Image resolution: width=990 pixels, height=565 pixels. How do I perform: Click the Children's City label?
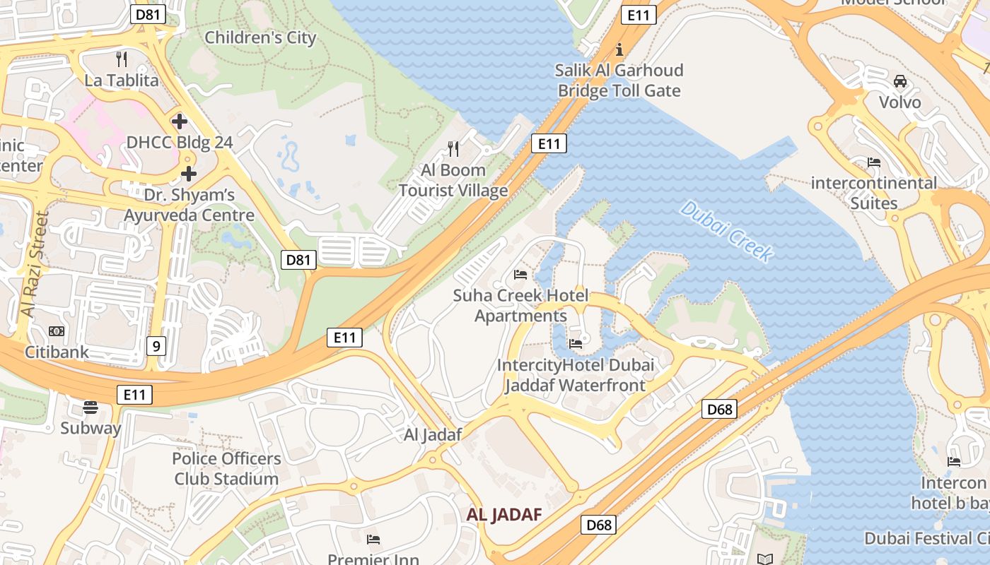[x=260, y=37]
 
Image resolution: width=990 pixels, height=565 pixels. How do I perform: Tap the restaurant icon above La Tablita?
[x=122, y=59]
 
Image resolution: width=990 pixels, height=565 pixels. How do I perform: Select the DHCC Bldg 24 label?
[x=179, y=142]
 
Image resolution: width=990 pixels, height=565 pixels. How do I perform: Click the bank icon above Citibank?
[x=57, y=331]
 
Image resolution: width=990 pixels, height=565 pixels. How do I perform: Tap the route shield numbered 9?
[x=157, y=345]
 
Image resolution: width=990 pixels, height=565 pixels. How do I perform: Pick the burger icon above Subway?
[x=90, y=407]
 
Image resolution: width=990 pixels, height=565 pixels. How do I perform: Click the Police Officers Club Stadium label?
[x=226, y=468]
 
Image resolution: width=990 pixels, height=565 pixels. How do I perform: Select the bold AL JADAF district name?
[x=503, y=515]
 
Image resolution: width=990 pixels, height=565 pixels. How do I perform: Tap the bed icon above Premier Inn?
[x=373, y=540]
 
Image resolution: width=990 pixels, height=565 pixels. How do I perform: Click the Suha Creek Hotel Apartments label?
[x=520, y=305]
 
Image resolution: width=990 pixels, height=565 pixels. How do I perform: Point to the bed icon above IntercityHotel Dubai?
[x=576, y=344]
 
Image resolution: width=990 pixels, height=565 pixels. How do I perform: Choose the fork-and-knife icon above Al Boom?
[x=453, y=148]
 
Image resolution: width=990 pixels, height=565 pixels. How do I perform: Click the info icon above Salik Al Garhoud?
[x=620, y=49]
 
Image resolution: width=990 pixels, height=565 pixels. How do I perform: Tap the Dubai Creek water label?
[x=726, y=232]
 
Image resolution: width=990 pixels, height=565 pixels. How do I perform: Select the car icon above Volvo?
[x=900, y=81]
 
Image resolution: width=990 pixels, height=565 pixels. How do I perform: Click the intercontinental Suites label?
[x=873, y=193]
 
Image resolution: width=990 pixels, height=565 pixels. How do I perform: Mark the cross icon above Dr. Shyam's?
[x=189, y=174]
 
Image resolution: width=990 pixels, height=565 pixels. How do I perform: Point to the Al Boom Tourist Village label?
[x=453, y=180]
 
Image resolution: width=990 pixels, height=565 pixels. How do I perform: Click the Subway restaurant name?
[x=91, y=428]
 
